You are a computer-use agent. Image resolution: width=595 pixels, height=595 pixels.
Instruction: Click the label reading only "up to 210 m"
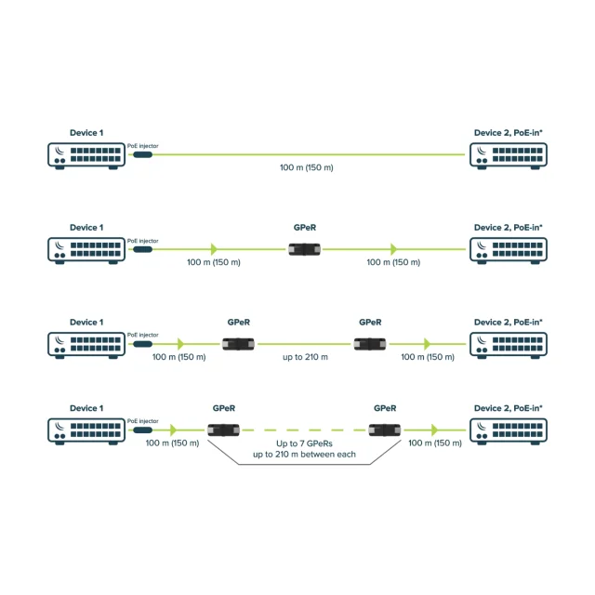pos(305,357)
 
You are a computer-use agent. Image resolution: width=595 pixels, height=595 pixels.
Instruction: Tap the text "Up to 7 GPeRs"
pos(304,443)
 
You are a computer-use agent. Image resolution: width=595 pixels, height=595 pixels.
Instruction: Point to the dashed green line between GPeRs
pos(304,430)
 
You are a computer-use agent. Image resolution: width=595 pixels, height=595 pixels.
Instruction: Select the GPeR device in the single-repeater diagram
pos(304,249)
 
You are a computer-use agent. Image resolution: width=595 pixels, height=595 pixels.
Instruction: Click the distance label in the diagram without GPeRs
pos(307,167)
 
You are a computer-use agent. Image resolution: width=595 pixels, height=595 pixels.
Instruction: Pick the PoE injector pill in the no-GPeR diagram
pos(142,155)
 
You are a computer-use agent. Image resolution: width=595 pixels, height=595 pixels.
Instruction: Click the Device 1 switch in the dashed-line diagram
pos(86,431)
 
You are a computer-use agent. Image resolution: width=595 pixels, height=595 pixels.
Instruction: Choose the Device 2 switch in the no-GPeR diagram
pos(509,155)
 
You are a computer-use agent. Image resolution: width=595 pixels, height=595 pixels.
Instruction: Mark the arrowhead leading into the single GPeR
pos(215,249)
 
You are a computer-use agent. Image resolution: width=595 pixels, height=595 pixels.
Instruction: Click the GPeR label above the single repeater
pos(305,228)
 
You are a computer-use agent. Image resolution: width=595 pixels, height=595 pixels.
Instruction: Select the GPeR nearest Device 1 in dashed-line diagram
pos(223,430)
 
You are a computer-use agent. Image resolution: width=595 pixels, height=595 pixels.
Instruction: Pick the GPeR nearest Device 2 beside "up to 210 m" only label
pos(370,344)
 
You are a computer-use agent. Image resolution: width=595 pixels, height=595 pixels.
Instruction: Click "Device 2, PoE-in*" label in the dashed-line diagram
pos(509,408)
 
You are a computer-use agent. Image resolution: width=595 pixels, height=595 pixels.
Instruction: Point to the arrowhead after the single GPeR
pos(394,249)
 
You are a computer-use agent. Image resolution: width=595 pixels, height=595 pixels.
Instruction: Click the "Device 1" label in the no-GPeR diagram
pos(86,133)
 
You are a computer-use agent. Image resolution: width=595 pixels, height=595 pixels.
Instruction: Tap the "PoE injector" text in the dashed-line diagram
pos(142,421)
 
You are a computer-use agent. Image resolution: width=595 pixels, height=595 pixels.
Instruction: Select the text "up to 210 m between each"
pos(304,455)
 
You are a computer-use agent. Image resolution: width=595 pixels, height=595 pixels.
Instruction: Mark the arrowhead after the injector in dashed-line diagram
pos(174,430)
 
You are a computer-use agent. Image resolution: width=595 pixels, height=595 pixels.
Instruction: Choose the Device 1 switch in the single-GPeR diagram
pos(86,250)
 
